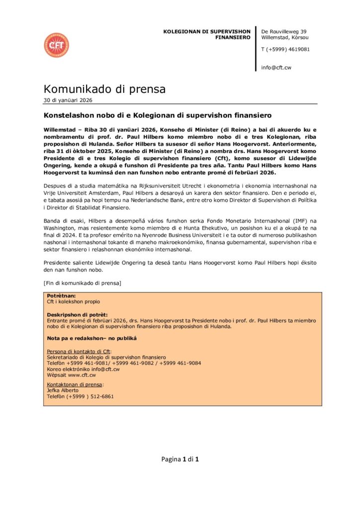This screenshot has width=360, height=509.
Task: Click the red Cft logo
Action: point(56,45)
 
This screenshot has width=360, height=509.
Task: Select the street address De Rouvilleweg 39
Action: point(284,31)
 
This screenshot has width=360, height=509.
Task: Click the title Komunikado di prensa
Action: point(104,89)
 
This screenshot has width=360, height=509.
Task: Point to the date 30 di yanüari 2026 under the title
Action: point(68,100)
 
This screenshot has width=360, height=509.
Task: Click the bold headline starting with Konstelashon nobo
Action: point(158,115)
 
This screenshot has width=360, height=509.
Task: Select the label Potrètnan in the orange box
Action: point(61,296)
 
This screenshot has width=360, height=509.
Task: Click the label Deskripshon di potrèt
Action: point(77,315)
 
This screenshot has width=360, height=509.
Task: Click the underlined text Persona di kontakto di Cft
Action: point(79,351)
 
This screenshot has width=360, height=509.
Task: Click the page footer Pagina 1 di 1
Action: point(180,459)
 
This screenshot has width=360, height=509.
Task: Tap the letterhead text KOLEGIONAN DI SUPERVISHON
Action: point(207,31)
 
